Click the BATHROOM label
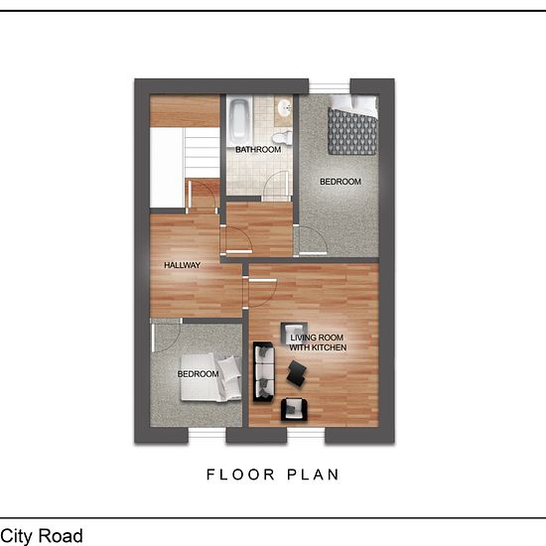[258, 150]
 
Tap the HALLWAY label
[182, 265]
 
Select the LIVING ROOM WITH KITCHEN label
[318, 342]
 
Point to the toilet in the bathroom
[282, 137]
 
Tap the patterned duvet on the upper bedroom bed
[352, 131]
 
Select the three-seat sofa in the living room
[264, 372]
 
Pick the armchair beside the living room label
[294, 333]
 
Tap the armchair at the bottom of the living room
[294, 409]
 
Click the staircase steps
[202, 153]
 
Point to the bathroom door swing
[276, 187]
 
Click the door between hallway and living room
[262, 293]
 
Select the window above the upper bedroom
[330, 87]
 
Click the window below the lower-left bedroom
[207, 435]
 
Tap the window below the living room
[306, 435]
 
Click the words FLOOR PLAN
[273, 475]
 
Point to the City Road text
[42, 535]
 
